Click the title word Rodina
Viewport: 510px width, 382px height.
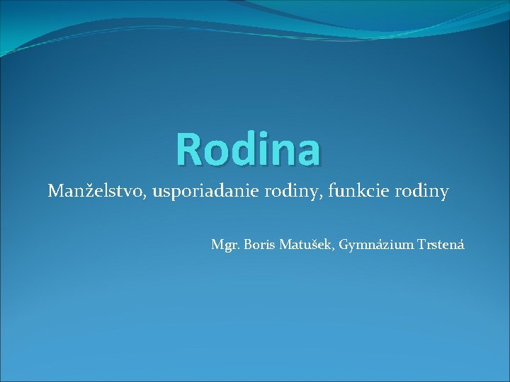[248, 149]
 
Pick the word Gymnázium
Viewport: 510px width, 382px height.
[373, 245]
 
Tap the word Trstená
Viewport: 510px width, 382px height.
[438, 245]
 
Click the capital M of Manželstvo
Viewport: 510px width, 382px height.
[57, 191]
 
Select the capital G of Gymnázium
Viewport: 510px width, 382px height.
[344, 245]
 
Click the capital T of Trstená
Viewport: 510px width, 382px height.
[416, 245]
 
